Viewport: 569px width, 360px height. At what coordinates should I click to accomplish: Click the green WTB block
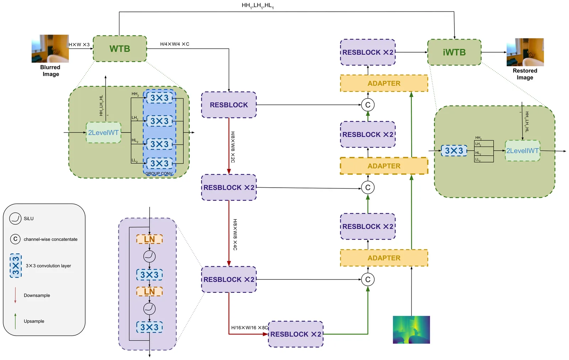120,49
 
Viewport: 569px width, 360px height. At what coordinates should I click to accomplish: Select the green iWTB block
454,52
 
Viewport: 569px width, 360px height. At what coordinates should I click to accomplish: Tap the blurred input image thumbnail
50,49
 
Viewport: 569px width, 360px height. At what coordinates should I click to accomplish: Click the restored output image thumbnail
525,52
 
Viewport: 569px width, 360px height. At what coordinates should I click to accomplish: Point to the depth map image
411,329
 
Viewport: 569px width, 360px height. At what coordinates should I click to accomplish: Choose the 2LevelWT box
103,133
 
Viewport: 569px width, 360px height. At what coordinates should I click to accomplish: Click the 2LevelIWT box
522,151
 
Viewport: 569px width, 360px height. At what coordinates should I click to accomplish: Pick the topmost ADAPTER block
384,83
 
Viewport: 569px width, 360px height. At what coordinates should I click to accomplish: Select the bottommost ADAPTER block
384,258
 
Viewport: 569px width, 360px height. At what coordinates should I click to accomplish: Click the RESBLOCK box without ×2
229,105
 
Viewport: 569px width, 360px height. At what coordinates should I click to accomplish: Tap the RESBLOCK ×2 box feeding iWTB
368,52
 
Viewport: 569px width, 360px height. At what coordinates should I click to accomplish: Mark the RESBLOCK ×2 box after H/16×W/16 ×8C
296,334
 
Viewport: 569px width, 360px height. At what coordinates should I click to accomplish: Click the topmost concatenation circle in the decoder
368,105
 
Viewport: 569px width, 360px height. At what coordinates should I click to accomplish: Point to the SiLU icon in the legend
15,219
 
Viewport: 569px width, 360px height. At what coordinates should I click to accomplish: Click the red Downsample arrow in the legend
15,295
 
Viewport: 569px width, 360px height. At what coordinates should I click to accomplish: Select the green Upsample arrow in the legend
15,321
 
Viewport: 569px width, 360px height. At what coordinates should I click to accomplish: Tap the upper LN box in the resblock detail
149,239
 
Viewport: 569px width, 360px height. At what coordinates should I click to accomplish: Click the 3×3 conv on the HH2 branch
159,98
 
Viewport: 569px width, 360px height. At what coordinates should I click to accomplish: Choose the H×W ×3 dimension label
79,45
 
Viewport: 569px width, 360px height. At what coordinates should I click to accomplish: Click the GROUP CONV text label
159,173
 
